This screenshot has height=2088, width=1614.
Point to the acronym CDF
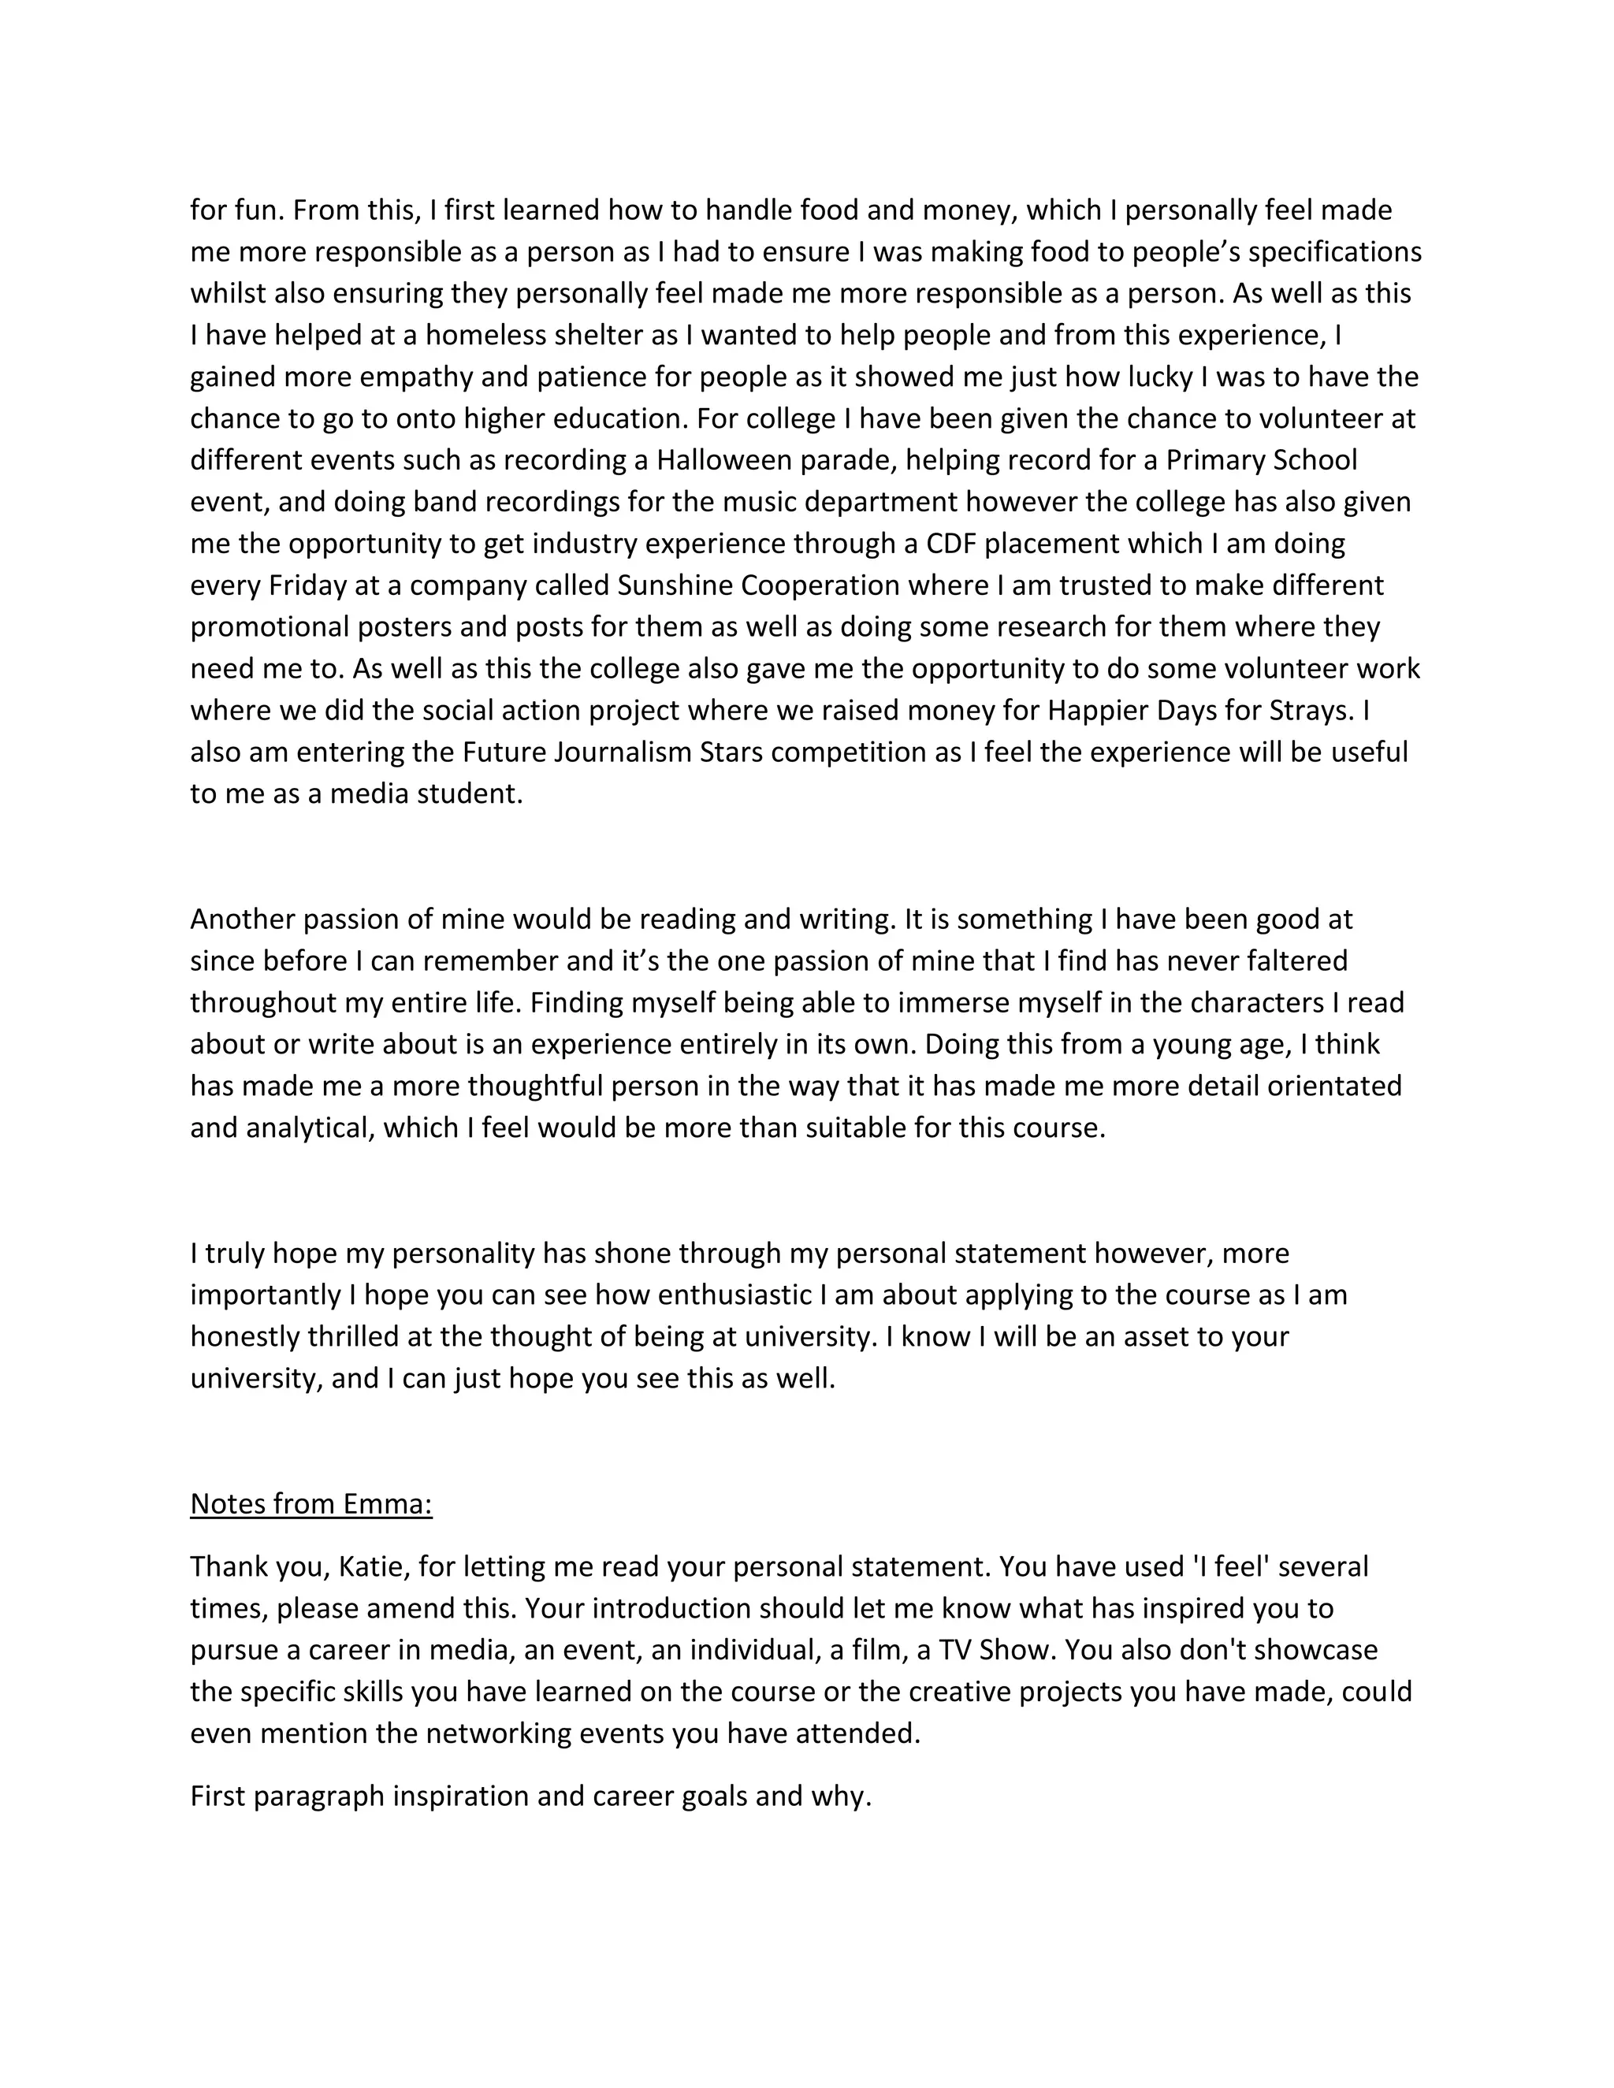(x=950, y=543)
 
